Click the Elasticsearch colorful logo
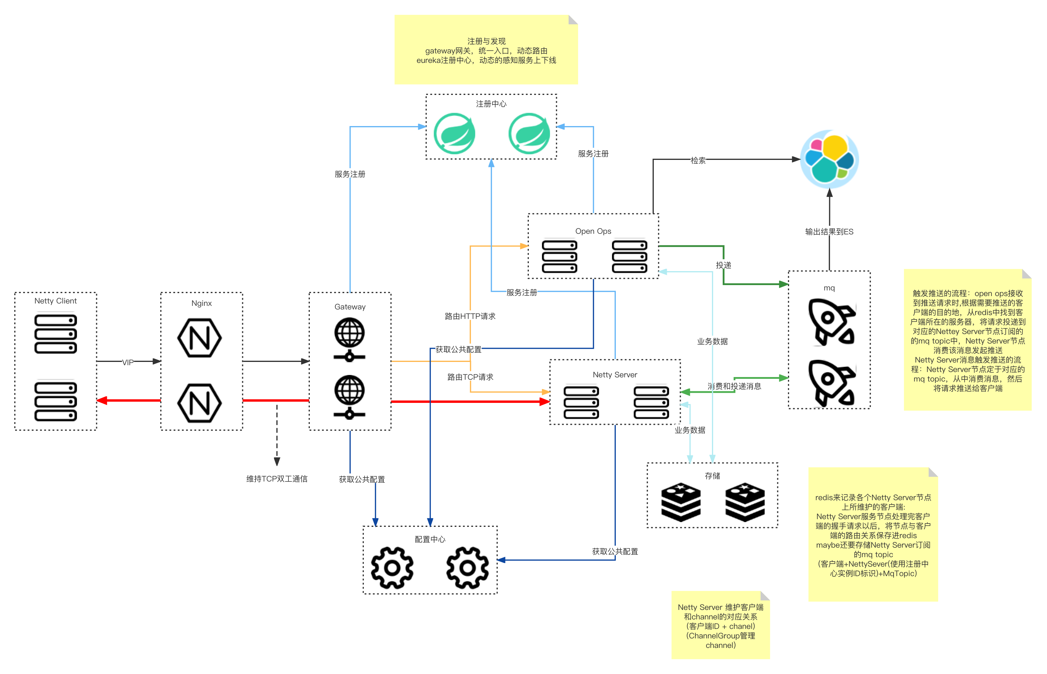coord(829,159)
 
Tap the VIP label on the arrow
coord(128,362)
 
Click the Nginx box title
coord(201,303)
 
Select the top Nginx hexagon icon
coord(200,338)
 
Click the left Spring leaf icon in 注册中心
coord(454,133)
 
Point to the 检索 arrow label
coord(698,160)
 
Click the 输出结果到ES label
coord(829,231)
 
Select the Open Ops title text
coord(593,231)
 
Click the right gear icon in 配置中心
coord(467,568)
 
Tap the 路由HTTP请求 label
coord(470,316)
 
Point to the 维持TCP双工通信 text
coord(277,479)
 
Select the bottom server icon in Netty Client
coord(55,401)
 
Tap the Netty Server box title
coord(615,375)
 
